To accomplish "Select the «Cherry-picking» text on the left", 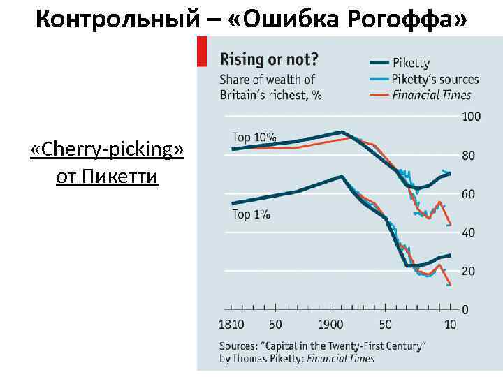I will [x=108, y=149].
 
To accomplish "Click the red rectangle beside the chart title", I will [x=202, y=52].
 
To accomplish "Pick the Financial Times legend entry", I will [x=431, y=94].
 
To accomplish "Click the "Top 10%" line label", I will [x=254, y=138].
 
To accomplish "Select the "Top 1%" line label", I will [x=251, y=214].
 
